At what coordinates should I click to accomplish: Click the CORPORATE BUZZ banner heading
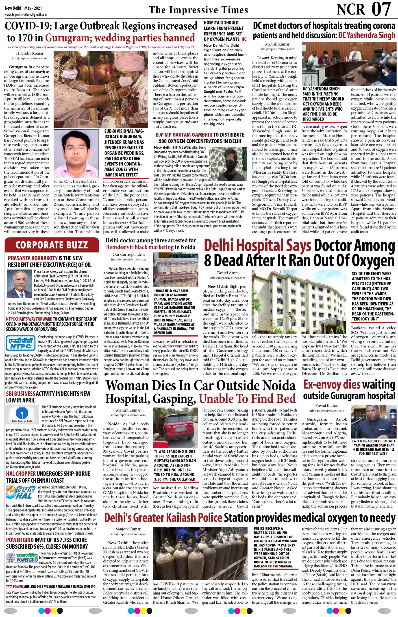click(52, 244)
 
